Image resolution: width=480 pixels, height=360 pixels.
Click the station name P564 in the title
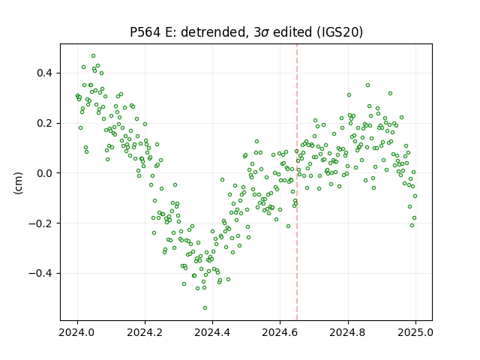tap(145, 32)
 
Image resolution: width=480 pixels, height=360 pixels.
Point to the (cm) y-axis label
tap(18, 183)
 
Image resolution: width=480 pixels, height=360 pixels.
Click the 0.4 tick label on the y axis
tap(45, 73)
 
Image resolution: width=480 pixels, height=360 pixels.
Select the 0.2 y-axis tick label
tap(45, 123)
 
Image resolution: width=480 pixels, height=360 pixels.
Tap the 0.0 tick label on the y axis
tap(45, 173)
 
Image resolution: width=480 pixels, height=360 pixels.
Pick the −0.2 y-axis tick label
tap(41, 223)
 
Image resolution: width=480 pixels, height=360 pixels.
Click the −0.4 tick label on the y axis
tap(41, 273)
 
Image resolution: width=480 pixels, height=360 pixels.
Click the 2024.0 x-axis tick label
tap(77, 332)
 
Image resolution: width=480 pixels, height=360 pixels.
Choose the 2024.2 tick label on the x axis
tap(145, 332)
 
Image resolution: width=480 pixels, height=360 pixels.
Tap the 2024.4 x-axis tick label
tap(212, 332)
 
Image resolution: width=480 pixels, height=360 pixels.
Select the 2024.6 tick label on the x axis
tap(280, 332)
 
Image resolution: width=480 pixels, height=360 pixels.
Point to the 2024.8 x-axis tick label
tap(348, 332)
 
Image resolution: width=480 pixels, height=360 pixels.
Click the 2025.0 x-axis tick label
tap(415, 332)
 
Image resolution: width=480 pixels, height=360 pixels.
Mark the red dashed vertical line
tap(297, 182)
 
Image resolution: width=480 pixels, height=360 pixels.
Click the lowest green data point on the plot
tap(205, 307)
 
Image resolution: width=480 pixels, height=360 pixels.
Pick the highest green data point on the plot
tap(93, 55)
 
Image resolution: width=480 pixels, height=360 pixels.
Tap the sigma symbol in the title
tap(265, 33)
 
